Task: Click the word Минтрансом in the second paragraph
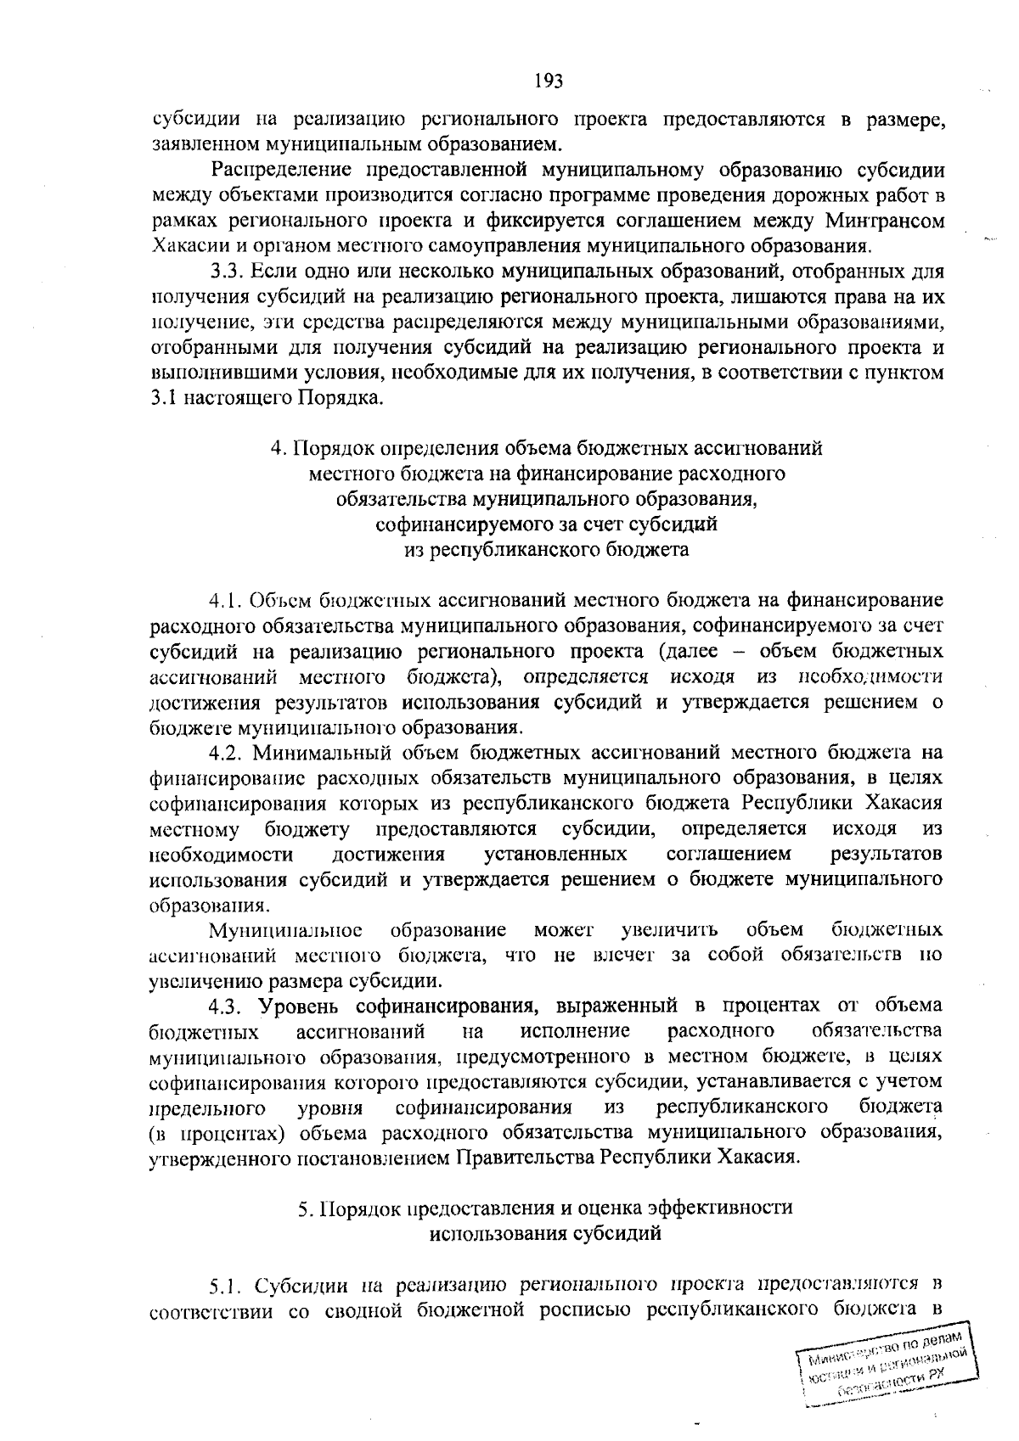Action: coord(884,221)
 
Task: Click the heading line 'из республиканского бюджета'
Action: coord(546,550)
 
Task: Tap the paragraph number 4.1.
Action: coord(227,601)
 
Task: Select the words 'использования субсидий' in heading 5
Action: coord(546,1233)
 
